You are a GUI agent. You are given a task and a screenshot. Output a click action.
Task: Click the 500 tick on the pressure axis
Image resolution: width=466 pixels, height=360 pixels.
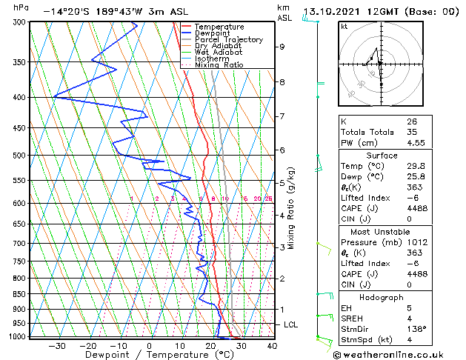pyautogui.click(x=20, y=156)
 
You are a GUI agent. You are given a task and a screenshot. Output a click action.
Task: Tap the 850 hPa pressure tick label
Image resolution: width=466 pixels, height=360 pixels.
pyautogui.click(x=20, y=294)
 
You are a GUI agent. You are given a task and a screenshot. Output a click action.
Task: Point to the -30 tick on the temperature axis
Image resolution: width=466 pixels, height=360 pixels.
pyautogui.click(x=57, y=345)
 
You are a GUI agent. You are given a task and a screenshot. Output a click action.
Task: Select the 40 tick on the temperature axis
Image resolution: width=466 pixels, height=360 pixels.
pyautogui.click(x=271, y=345)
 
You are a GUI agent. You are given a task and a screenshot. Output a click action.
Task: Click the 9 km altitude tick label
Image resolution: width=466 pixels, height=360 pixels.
pyautogui.click(x=282, y=47)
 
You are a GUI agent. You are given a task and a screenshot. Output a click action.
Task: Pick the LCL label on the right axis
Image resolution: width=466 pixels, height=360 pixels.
pyautogui.click(x=291, y=324)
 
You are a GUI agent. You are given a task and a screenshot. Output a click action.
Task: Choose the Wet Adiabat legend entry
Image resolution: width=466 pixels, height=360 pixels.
pyautogui.click(x=219, y=53)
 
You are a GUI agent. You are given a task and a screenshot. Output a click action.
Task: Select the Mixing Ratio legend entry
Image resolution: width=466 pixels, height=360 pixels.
pyautogui.click(x=219, y=65)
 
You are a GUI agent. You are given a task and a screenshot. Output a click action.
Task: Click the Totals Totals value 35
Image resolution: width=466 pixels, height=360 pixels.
pyautogui.click(x=412, y=132)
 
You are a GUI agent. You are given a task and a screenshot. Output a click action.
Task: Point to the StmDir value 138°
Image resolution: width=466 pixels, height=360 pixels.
pyautogui.click(x=416, y=329)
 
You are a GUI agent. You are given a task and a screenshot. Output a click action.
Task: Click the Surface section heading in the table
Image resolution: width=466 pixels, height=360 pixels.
pyautogui.click(x=382, y=156)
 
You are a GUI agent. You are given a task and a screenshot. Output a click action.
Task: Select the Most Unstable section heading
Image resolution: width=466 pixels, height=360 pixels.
pyautogui.click(x=382, y=232)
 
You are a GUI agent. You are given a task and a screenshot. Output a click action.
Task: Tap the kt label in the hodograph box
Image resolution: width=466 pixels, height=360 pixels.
pyautogui.click(x=344, y=27)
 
